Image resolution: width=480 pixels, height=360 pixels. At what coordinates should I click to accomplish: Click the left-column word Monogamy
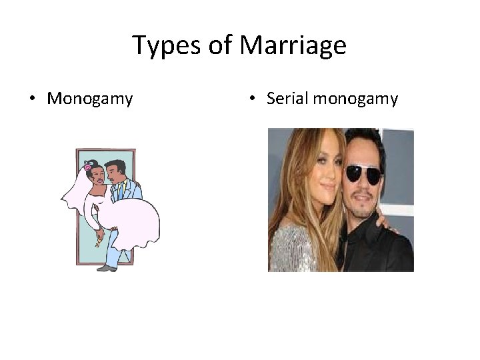(90, 99)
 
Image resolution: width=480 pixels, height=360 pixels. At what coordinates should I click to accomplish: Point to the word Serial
(285, 99)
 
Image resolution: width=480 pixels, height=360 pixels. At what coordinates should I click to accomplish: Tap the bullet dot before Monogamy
(32, 100)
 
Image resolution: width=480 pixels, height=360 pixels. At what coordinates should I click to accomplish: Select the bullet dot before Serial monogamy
(251, 100)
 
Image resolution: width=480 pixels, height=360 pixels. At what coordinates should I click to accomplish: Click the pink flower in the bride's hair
(87, 166)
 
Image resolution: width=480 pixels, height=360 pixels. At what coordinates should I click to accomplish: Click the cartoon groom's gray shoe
(107, 267)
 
